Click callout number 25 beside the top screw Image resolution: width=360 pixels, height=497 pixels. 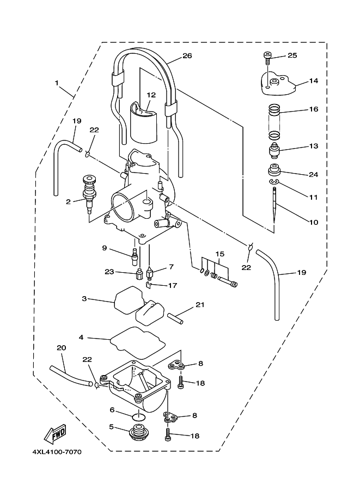pyautogui.click(x=292, y=56)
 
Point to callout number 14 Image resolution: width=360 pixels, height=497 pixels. pyautogui.click(x=313, y=81)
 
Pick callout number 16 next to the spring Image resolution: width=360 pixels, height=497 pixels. pyautogui.click(x=313, y=109)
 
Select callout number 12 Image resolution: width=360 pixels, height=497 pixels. pyautogui.click(x=150, y=95)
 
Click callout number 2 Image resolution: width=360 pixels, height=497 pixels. pyautogui.click(x=69, y=201)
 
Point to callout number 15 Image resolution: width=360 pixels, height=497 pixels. pyautogui.click(x=219, y=254)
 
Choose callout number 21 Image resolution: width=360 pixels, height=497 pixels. pyautogui.click(x=200, y=305)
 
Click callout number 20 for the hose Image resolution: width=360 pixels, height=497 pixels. pyautogui.click(x=61, y=347)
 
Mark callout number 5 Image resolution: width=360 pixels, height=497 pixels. pyautogui.click(x=112, y=427)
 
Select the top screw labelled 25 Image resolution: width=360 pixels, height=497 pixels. pyautogui.click(x=267, y=55)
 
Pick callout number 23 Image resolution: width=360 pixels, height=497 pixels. pyautogui.click(x=109, y=271)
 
